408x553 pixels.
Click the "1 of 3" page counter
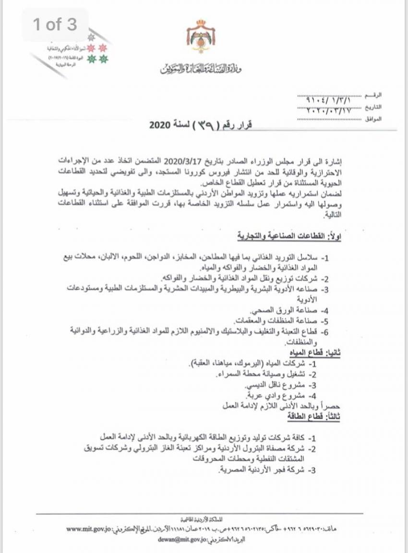coord(55,25)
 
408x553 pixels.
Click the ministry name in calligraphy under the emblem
coord(201,70)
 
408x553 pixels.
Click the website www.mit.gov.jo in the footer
coord(89,529)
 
